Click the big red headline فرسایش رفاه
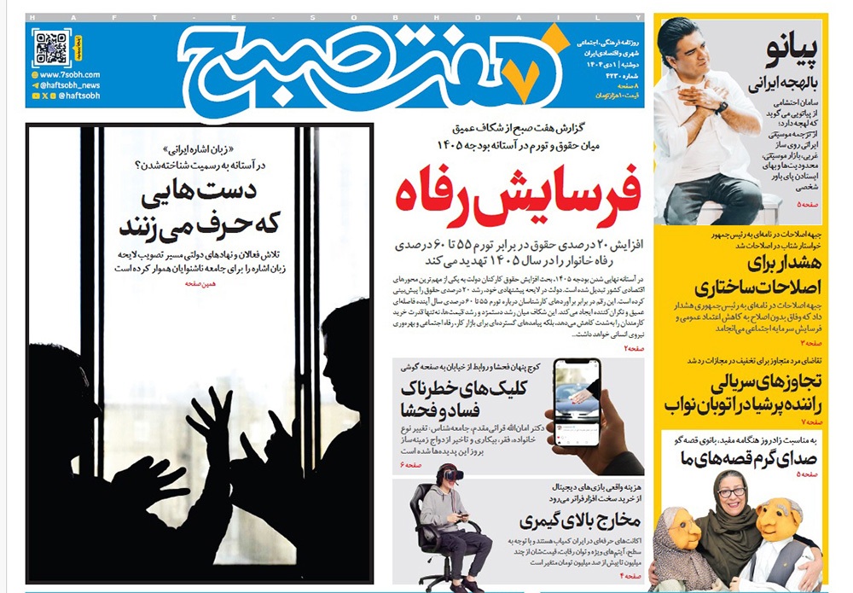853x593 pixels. (x=517, y=197)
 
